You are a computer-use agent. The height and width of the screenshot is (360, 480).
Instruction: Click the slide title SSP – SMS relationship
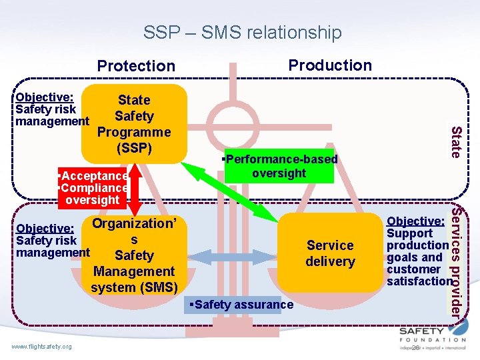242,32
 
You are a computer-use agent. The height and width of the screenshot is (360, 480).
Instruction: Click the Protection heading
136,65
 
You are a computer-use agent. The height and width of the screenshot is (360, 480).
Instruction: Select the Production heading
330,65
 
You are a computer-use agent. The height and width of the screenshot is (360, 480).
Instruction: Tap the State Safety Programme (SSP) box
134,124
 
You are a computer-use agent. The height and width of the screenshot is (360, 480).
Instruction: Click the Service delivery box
330,253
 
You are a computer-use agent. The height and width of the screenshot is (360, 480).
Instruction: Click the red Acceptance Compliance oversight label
93,188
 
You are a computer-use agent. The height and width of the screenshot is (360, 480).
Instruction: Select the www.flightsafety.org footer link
41,346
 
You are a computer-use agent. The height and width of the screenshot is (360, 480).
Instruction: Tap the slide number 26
416,347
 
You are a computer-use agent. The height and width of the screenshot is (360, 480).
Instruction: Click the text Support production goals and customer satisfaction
419,257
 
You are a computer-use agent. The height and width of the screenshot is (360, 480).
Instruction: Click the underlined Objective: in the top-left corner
44,97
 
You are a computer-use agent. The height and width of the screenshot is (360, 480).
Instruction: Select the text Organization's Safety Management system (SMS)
133,255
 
